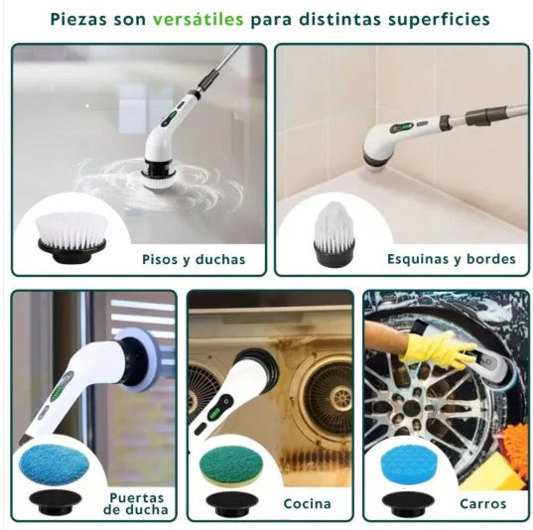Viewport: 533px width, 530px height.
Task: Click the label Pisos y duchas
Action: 194,260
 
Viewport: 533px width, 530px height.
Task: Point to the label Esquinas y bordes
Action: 452,259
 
